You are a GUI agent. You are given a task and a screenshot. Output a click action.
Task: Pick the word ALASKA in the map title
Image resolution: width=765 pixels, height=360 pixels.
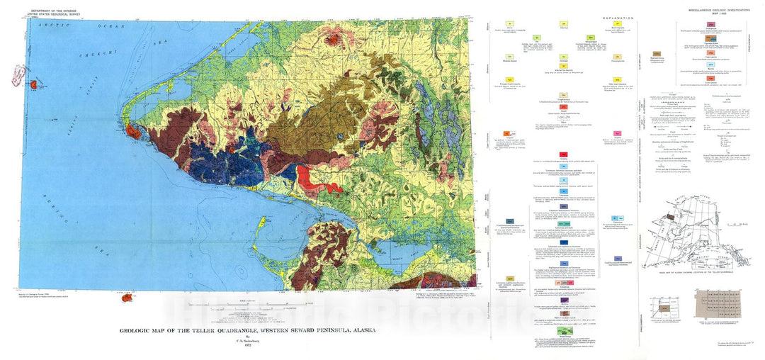tap(360, 330)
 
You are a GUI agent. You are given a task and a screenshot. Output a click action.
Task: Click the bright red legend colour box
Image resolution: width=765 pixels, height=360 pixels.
tap(562, 154)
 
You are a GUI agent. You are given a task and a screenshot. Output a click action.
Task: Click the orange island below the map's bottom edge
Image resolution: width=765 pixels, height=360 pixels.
tap(127, 298)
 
